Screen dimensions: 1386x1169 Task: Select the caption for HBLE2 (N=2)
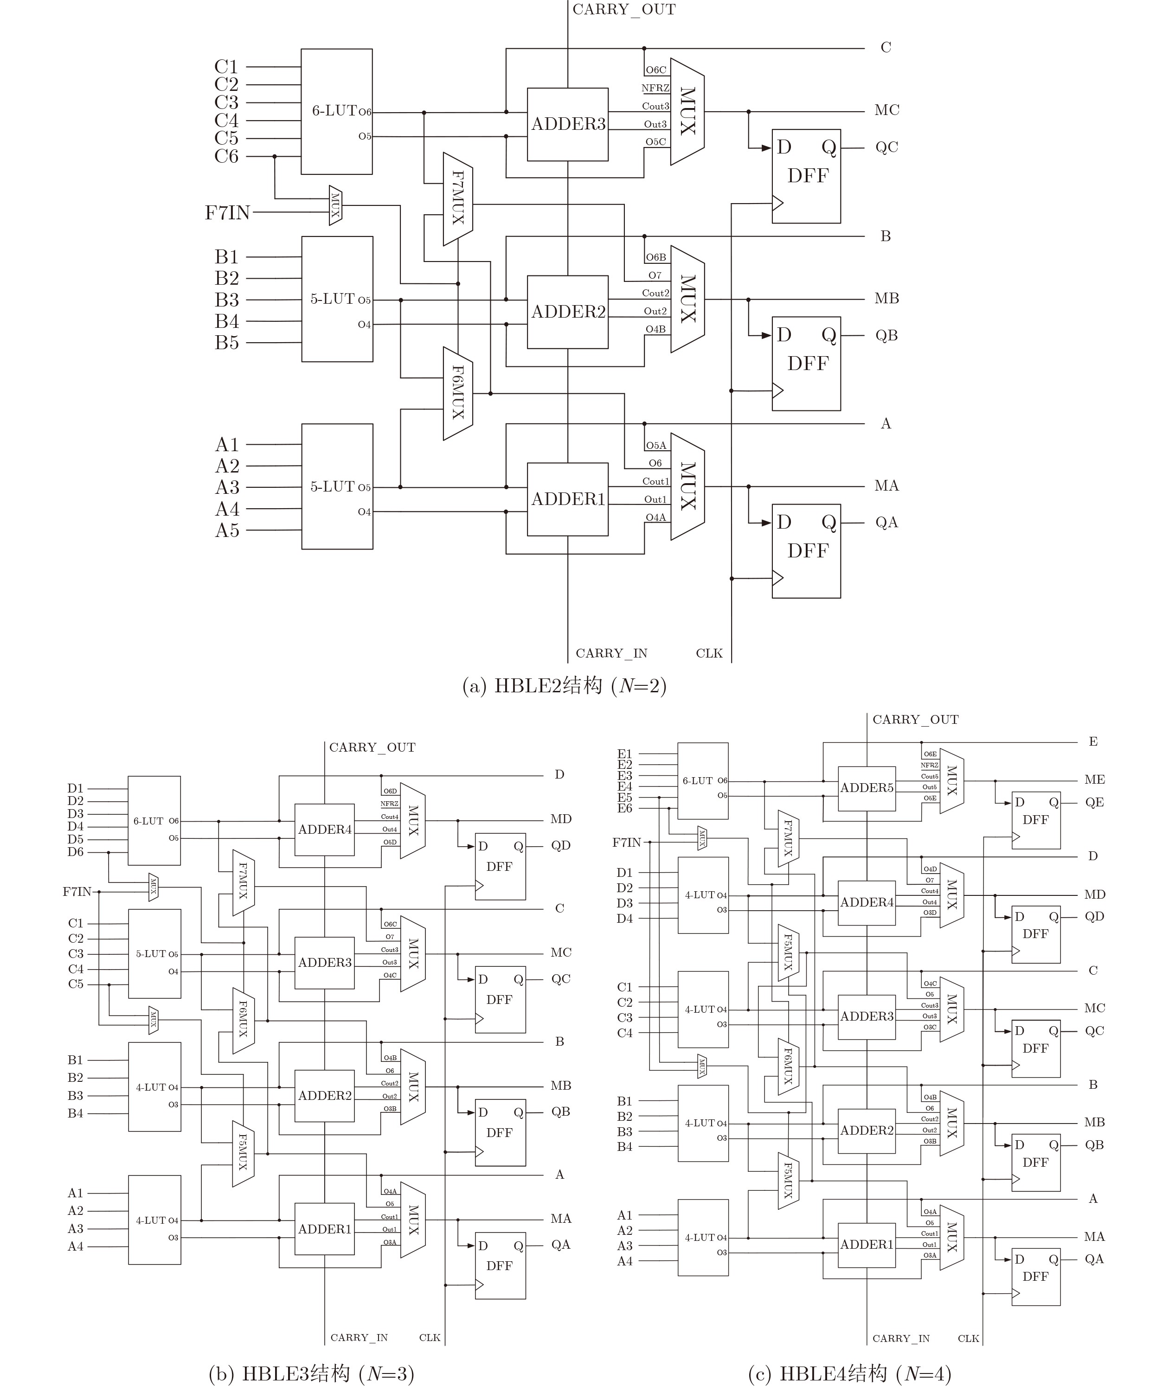tap(564, 686)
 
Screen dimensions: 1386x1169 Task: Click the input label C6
tap(226, 156)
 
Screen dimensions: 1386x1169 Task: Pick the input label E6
tap(624, 808)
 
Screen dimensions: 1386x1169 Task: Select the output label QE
tap(1094, 802)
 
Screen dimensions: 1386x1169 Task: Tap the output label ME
tap(1094, 780)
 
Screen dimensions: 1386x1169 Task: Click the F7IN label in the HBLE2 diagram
tap(227, 213)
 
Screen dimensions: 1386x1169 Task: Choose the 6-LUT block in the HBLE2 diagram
tap(337, 111)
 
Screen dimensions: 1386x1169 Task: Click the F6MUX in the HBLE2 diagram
tap(458, 393)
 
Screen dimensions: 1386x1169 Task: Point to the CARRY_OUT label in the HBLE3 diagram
tap(373, 747)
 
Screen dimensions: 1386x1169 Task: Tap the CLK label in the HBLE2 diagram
tap(709, 653)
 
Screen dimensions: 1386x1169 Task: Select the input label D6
tap(76, 852)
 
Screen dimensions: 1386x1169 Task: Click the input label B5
tap(227, 343)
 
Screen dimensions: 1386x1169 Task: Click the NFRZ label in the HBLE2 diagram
tap(655, 88)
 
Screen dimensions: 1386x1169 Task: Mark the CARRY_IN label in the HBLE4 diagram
tap(900, 1338)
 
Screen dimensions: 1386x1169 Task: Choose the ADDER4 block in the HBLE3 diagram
tap(325, 830)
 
